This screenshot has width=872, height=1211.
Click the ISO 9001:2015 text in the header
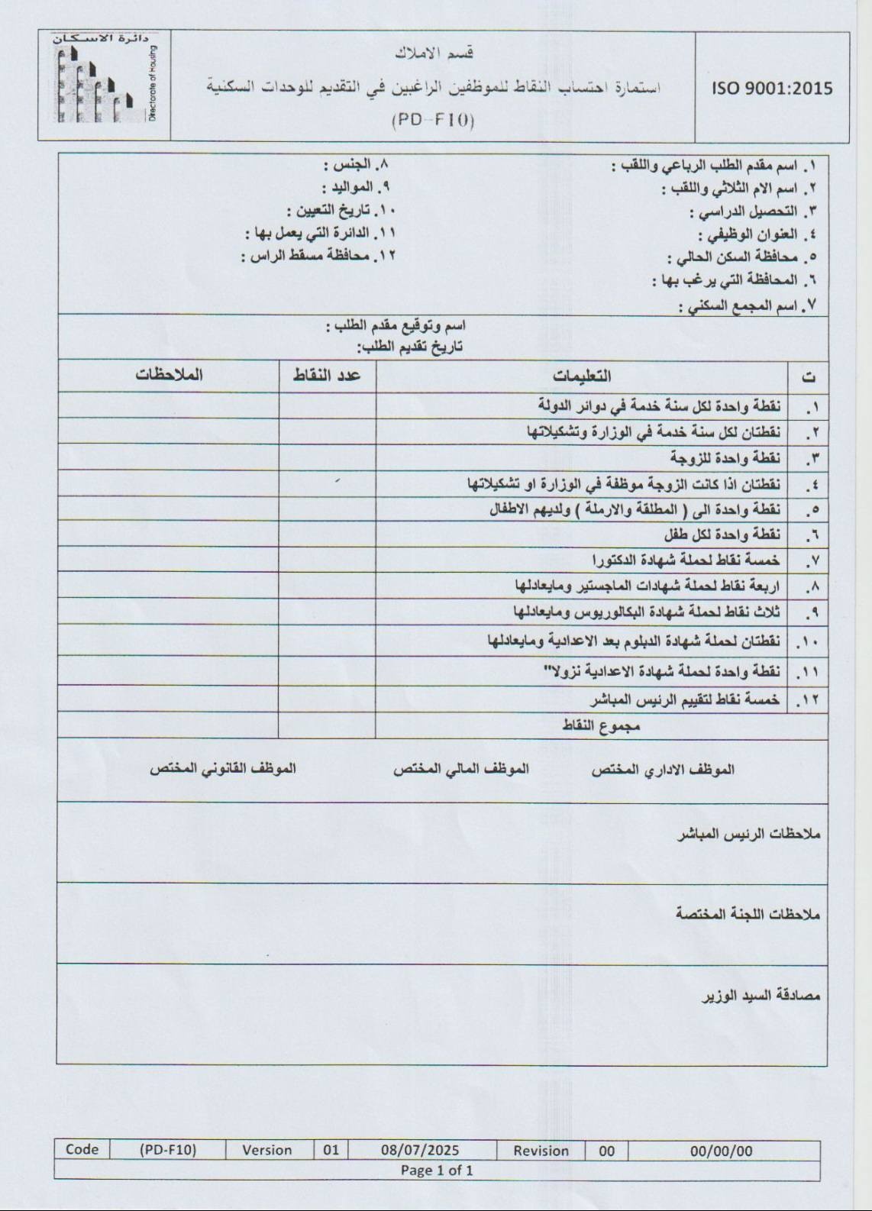pos(772,89)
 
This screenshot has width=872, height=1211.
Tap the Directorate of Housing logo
pos(104,86)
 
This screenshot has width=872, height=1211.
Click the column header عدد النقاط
pos(328,376)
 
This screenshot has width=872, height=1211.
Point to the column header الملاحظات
pos(169,375)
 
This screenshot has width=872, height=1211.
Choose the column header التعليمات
pos(582,376)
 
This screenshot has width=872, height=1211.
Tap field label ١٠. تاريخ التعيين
pos(341,211)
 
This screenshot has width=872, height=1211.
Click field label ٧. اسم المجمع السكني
pos(748,306)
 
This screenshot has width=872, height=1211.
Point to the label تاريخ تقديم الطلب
pos(409,347)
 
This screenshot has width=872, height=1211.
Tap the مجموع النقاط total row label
pos(601,726)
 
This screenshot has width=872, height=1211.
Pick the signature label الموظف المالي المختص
pos(460,769)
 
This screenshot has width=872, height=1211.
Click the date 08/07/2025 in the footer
pos(420,1150)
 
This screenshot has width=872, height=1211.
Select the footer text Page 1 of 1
pos(437,1170)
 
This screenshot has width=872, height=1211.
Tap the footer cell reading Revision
pos(541,1151)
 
